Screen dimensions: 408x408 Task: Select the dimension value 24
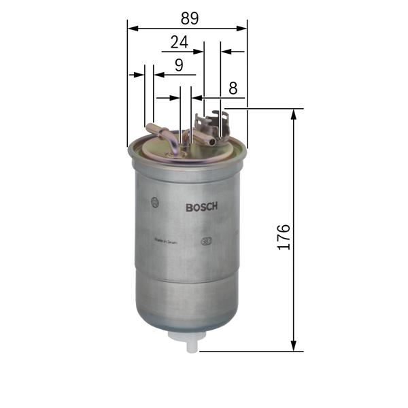tap(179, 42)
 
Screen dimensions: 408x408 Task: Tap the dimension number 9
tap(179, 65)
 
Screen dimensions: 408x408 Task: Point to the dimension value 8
tap(233, 88)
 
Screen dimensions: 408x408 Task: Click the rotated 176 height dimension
tap(284, 236)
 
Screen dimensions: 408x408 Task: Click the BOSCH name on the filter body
tap(201, 208)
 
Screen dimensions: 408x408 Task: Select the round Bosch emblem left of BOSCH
tap(156, 202)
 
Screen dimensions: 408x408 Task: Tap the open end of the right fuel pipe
tap(213, 142)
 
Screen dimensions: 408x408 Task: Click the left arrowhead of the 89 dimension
tap(132, 29)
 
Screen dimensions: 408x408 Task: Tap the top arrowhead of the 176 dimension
tap(294, 114)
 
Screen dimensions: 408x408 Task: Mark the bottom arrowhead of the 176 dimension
tap(294, 346)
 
